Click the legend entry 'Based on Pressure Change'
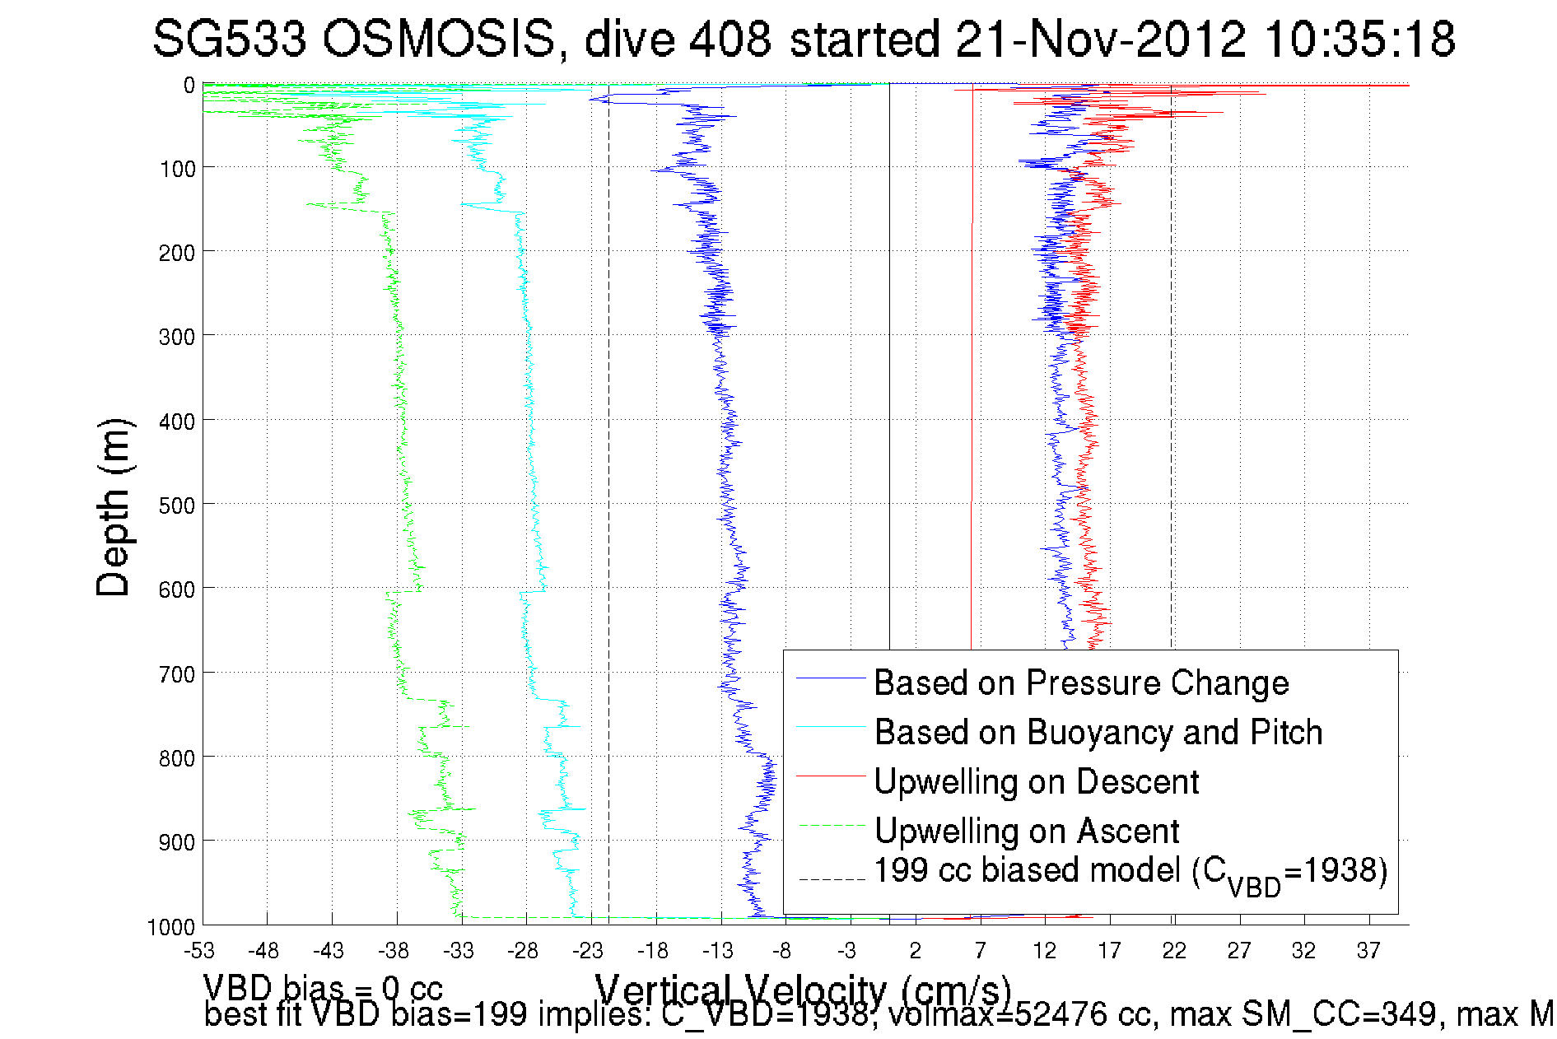(1080, 683)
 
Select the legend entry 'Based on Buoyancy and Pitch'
(1098, 732)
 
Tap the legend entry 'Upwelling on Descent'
(1036, 781)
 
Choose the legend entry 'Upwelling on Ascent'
(1026, 831)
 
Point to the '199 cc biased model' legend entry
(1130, 872)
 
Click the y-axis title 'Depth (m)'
(114, 507)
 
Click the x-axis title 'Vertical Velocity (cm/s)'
(802, 990)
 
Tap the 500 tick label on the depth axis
(177, 505)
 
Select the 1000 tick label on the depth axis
(171, 927)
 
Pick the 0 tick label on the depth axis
(189, 85)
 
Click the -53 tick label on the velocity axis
(199, 951)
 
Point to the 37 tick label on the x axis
(1368, 951)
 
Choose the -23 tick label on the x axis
(588, 951)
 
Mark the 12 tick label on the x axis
(1045, 951)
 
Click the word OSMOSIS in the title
(439, 40)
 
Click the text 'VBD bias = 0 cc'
(323, 988)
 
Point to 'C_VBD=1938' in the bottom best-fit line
(766, 1015)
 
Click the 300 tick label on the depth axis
(177, 336)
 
